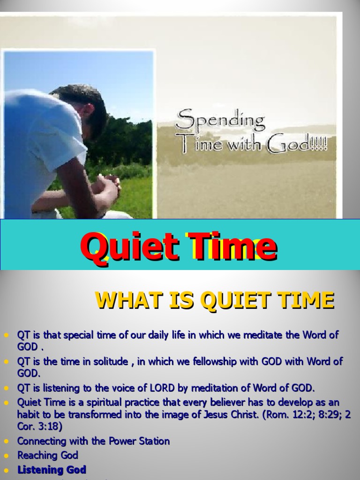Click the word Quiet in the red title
126,247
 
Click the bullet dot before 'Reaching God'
6,456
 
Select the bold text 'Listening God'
52,470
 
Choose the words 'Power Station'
139,441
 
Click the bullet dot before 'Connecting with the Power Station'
6,442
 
